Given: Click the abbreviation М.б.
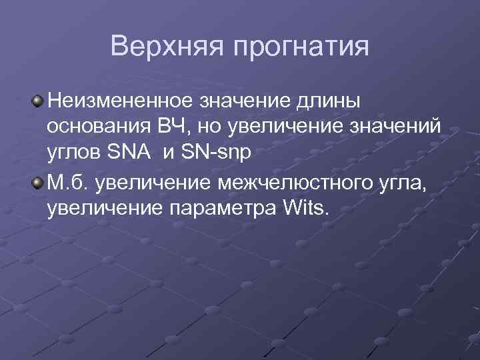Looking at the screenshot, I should coord(65,183).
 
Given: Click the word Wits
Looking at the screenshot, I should coord(307,209).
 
